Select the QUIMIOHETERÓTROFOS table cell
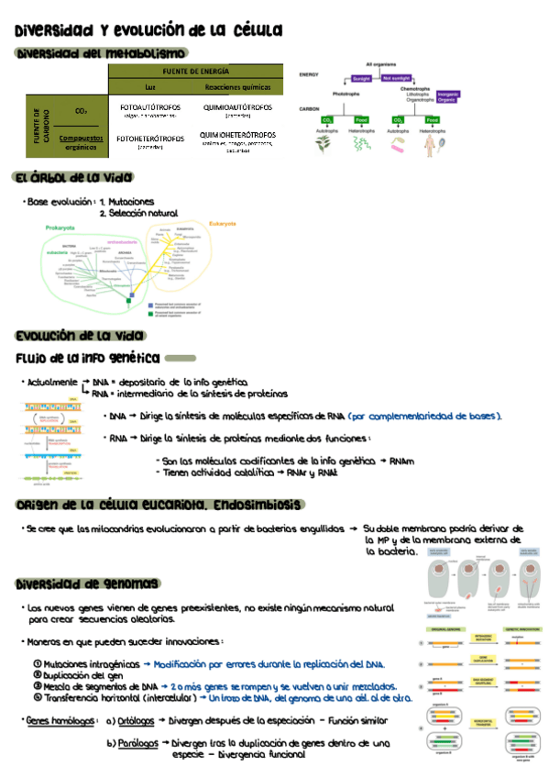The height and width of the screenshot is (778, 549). tap(236, 139)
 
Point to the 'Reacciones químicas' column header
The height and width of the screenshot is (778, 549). tap(236, 86)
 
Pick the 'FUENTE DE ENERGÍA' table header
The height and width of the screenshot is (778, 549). tap(195, 71)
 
